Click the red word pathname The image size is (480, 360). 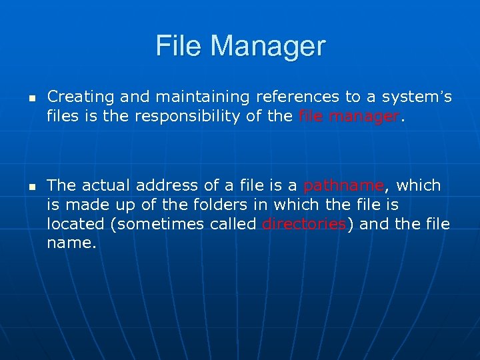coord(343,185)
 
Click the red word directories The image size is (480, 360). coord(304,224)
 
